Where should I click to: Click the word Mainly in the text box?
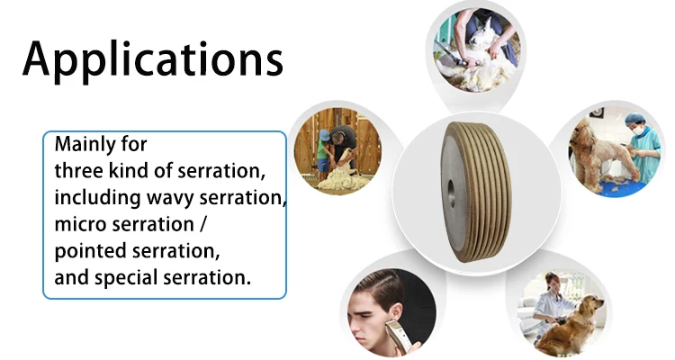84,144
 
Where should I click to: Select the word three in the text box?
78,170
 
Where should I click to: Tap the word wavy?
158,197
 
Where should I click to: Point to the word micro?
80,223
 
